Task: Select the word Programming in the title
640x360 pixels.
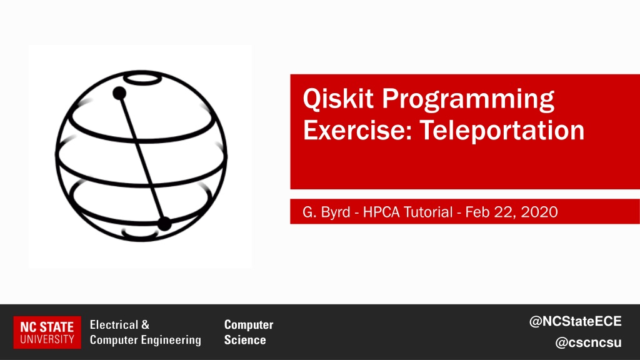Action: (468, 100)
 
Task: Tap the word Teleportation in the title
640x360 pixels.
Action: (502, 130)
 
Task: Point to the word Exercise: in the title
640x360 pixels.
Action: (357, 130)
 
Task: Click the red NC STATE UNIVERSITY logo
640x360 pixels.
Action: (47, 332)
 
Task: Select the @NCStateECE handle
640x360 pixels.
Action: (575, 321)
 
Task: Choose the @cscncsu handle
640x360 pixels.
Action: (588, 342)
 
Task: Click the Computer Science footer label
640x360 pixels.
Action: (249, 332)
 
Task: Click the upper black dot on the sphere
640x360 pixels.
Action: (119, 93)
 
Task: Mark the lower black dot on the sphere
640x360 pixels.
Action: (164, 223)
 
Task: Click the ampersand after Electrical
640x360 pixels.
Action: (145, 325)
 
